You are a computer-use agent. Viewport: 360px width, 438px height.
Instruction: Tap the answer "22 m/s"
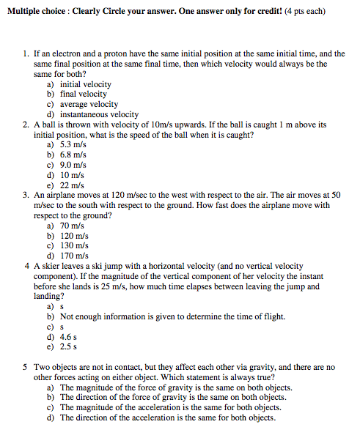(72, 185)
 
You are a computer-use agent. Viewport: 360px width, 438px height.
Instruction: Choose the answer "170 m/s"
(74, 256)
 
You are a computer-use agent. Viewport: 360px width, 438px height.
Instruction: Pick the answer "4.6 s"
(70, 336)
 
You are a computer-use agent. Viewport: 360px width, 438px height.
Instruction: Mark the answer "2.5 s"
(70, 346)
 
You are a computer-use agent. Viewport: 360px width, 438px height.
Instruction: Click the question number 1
(26, 54)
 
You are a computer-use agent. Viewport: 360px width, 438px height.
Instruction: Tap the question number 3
(26, 196)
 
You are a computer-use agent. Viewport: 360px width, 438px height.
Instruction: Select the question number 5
(26, 367)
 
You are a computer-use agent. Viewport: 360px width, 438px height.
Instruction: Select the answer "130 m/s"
(74, 245)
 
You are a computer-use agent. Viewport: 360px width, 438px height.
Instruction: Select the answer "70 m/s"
(72, 226)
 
